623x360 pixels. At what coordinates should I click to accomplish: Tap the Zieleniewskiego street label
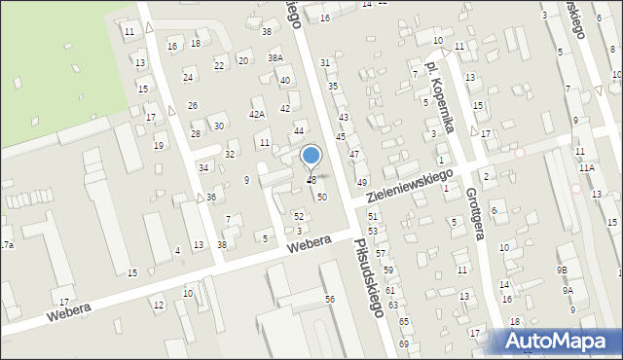tap(412, 186)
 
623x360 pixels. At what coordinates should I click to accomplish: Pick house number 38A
tap(275, 58)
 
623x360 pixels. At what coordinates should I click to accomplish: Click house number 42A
tap(257, 114)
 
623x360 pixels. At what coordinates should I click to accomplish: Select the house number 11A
tap(586, 168)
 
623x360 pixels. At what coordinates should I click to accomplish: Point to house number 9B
tap(563, 270)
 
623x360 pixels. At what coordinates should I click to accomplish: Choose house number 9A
tap(567, 290)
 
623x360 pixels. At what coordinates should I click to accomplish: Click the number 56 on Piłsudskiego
tap(330, 299)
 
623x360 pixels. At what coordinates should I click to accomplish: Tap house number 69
tap(403, 344)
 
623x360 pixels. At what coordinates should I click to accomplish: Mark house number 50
tap(321, 197)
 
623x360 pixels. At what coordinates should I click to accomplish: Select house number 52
tap(299, 215)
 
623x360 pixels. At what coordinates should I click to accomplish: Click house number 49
tap(361, 183)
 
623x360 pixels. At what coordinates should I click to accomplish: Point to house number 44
tap(299, 130)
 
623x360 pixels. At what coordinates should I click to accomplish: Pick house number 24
tap(188, 77)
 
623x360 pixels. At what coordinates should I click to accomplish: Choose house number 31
tap(325, 62)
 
